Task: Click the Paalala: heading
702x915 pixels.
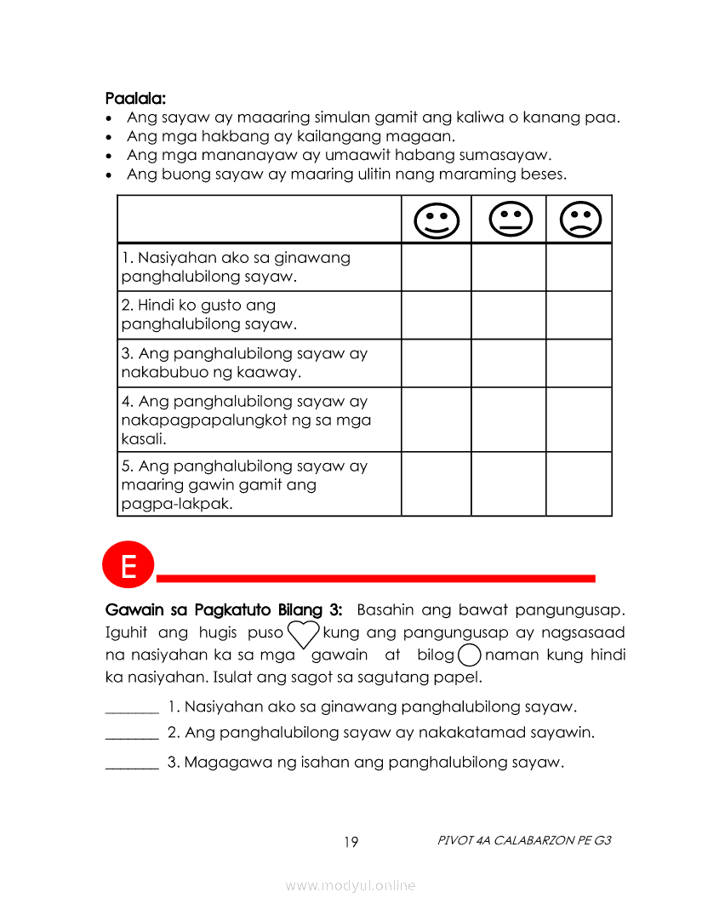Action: click(135, 99)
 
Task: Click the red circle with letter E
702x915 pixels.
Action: click(128, 566)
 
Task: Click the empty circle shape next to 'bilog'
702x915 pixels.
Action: click(470, 655)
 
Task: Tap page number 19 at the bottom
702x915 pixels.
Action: click(351, 843)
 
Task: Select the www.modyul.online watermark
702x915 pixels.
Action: click(351, 886)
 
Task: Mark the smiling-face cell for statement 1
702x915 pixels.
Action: click(436, 267)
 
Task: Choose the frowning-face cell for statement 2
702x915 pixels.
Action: click(579, 315)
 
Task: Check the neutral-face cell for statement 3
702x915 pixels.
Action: click(508, 363)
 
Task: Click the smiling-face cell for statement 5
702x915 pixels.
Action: click(436, 484)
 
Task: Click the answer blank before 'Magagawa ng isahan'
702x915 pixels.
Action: click(132, 763)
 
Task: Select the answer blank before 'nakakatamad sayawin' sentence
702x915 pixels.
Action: click(132, 733)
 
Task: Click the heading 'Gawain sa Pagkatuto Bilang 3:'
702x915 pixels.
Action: click(224, 610)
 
